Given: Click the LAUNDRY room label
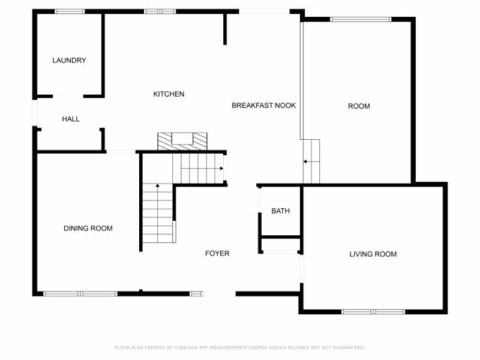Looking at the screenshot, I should click(69, 61).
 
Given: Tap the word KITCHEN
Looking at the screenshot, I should click(169, 94).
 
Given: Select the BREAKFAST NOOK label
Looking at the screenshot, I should click(263, 106).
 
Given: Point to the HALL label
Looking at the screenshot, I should click(71, 119).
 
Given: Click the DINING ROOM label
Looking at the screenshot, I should click(88, 229).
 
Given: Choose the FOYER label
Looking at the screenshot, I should click(217, 254).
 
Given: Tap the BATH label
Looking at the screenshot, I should click(280, 211).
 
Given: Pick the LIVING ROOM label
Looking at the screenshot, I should click(373, 254).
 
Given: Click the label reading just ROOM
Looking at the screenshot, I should click(359, 107).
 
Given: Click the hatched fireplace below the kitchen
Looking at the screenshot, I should click(182, 141).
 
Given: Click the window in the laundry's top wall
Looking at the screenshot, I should click(70, 11).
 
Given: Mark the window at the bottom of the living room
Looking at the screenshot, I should click(373, 311).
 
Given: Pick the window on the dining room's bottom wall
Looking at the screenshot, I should click(80, 293).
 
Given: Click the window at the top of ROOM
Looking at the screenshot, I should click(360, 19).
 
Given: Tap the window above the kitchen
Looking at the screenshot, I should click(160, 11).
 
